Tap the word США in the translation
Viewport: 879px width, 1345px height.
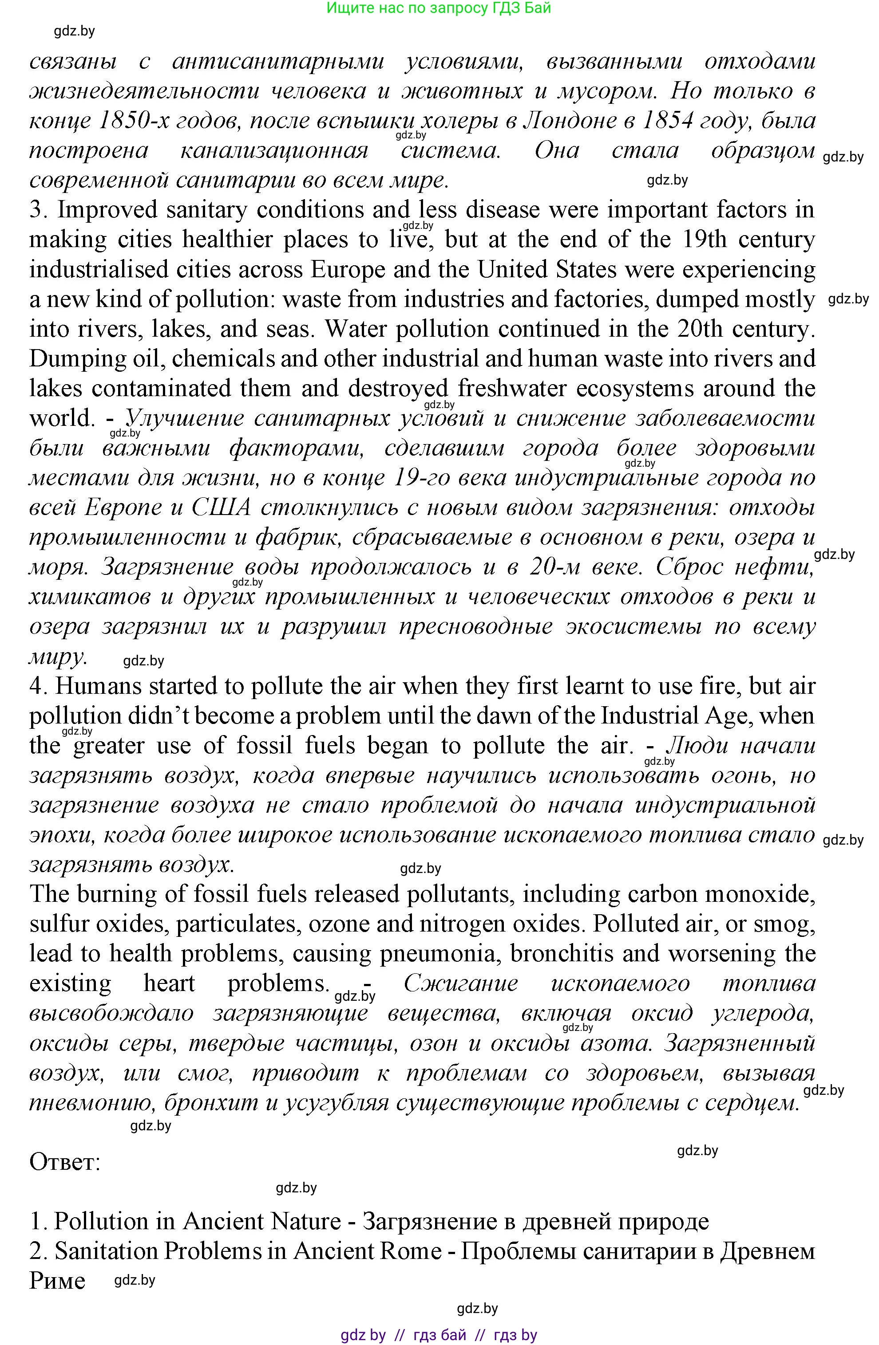point(221,507)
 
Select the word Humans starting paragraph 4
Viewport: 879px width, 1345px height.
point(93,686)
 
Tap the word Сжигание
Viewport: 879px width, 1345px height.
point(460,983)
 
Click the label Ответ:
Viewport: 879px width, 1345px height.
point(64,1163)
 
